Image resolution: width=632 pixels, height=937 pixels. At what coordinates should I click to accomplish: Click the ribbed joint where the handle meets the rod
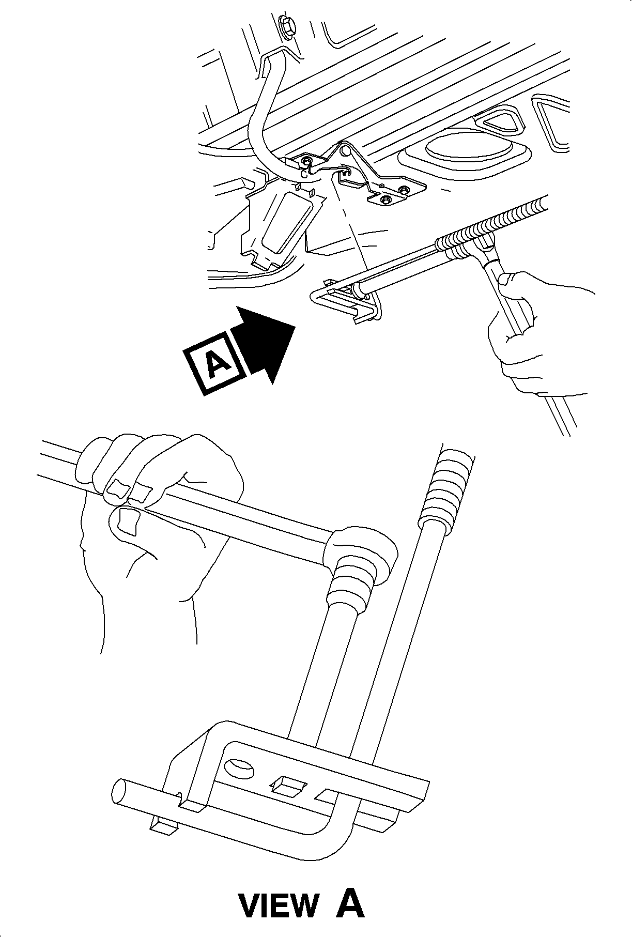pos(357,569)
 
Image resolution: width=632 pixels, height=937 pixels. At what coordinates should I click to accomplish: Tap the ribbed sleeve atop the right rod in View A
pos(447,488)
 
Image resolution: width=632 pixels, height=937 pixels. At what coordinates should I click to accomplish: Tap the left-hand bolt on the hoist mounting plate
pos(307,161)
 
